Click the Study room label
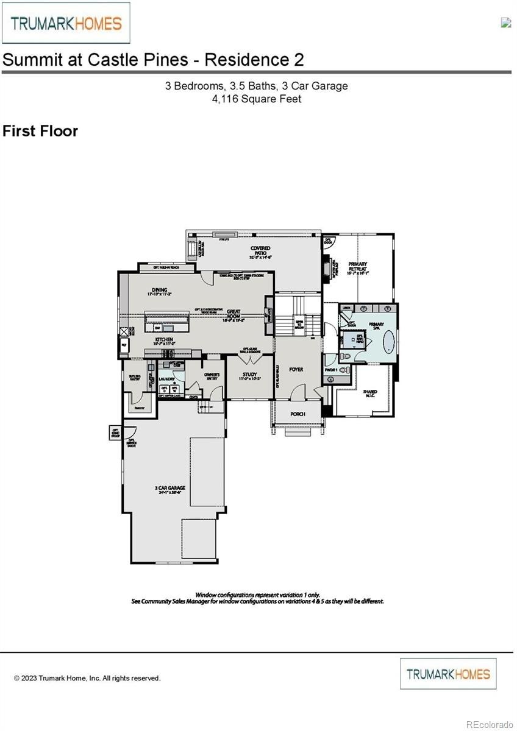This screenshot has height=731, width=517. click(x=250, y=375)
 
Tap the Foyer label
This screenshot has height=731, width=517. click(x=296, y=370)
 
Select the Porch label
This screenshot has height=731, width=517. click(x=298, y=414)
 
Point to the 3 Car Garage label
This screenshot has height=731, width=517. click(x=170, y=488)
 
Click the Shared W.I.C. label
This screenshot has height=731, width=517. click(x=370, y=393)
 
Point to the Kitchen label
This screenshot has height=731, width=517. click(x=164, y=339)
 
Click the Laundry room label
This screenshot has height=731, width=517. click(x=167, y=378)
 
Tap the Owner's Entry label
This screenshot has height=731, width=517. click(x=212, y=376)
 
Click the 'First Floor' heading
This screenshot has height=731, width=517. click(x=40, y=131)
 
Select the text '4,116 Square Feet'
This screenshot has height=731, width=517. click(x=257, y=99)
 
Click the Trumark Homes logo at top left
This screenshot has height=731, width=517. click(x=66, y=23)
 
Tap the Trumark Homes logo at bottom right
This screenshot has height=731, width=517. click(x=448, y=674)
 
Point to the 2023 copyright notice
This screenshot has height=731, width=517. click(x=87, y=678)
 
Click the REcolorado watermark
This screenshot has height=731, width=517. click(x=490, y=724)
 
